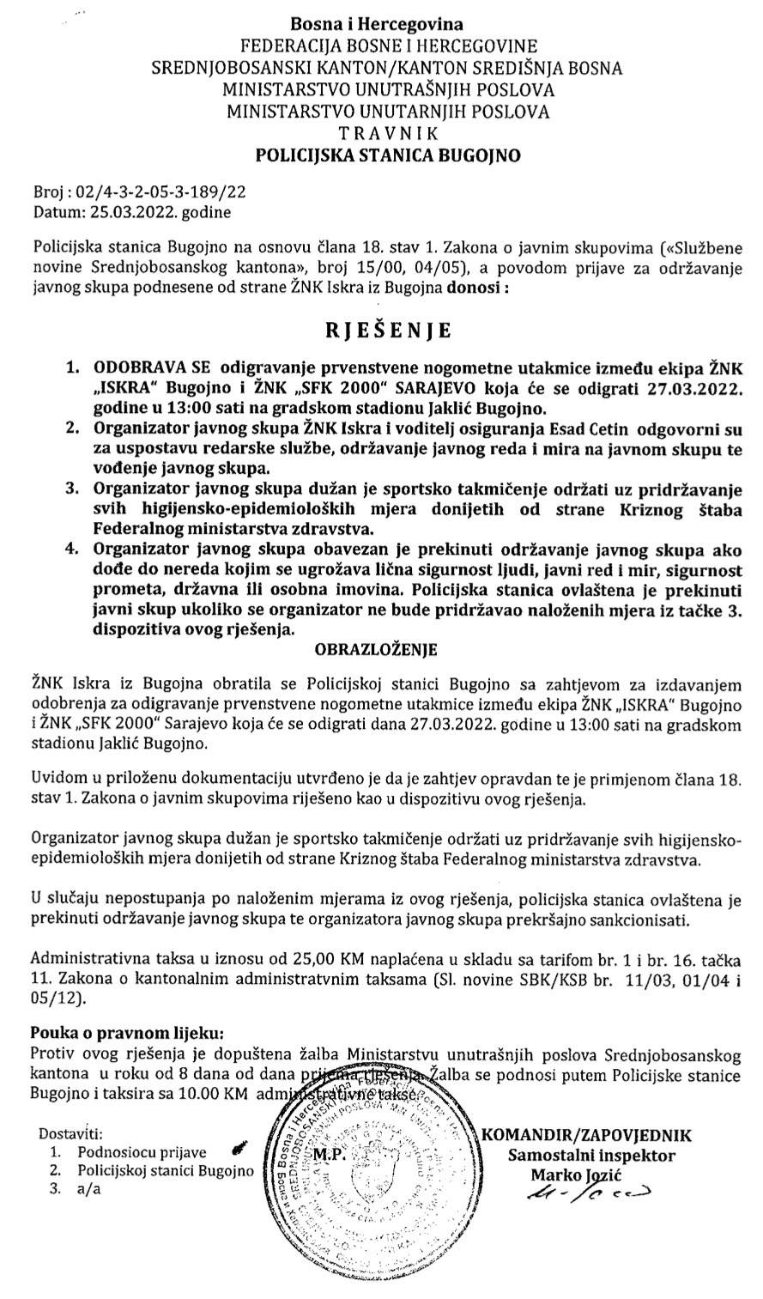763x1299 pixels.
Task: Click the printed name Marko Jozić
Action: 581,1174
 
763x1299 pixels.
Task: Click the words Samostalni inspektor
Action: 591,1156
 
